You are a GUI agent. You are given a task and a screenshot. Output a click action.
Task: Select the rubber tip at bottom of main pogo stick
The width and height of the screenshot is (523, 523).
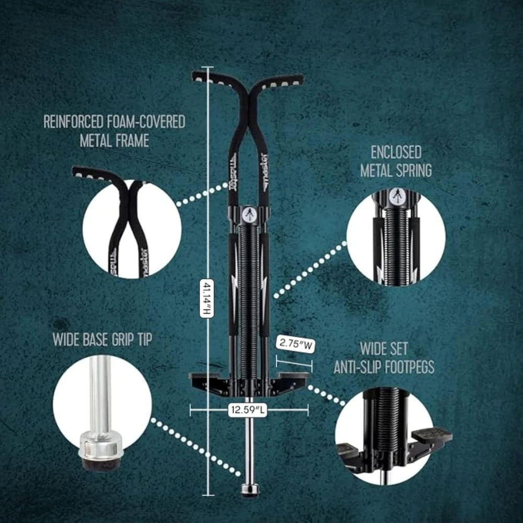249,490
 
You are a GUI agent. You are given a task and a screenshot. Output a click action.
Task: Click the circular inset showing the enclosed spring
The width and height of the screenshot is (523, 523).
395,237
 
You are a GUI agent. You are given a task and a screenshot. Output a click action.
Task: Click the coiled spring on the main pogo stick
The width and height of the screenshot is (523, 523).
249,293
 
